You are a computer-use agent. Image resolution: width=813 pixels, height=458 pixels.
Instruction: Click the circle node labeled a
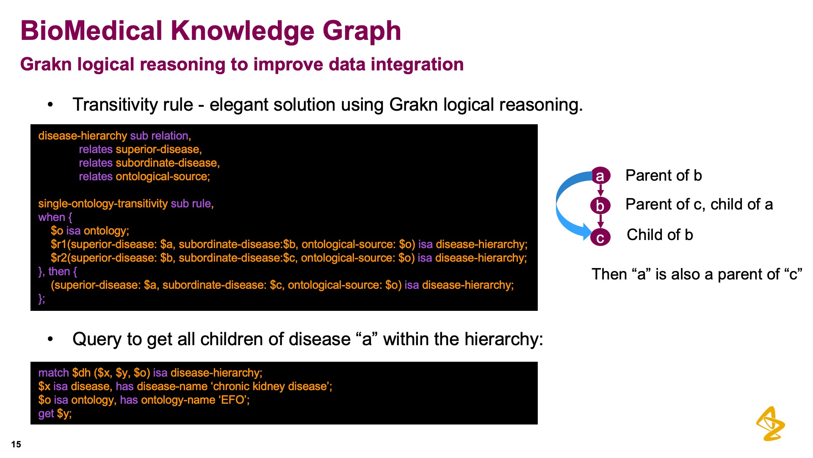tap(600, 176)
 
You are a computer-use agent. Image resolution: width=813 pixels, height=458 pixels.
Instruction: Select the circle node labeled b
tap(600, 206)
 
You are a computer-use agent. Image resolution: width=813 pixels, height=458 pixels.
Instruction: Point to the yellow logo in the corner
tap(770, 424)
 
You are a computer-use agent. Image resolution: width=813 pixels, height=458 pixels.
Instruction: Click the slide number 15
tap(16, 444)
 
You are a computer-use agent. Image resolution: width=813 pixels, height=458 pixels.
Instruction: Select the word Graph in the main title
tap(362, 31)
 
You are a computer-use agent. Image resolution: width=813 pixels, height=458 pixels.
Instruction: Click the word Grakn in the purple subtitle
tap(46, 64)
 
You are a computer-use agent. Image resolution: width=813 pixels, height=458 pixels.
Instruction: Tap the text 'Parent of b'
tap(664, 175)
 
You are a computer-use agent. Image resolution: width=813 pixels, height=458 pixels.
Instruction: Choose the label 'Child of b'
tap(660, 235)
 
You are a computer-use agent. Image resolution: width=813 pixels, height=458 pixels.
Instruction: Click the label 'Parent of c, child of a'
tap(699, 204)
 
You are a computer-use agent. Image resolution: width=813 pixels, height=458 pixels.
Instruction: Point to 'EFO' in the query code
tap(232, 400)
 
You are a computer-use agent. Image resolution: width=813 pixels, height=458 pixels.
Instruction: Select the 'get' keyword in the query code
tap(46, 414)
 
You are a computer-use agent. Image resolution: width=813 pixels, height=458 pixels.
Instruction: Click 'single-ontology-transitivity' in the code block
tap(103, 204)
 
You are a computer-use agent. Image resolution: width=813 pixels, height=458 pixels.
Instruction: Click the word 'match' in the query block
tap(53, 373)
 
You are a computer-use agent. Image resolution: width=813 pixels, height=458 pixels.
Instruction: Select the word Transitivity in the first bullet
tap(133, 105)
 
